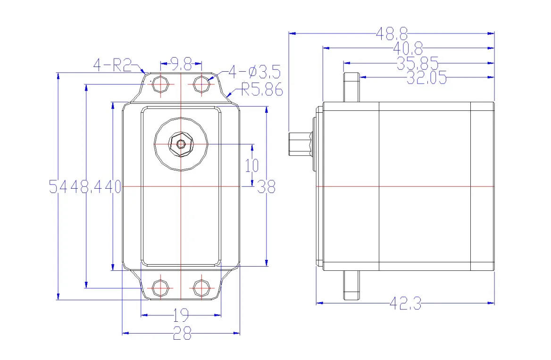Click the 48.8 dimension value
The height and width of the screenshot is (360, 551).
click(x=392, y=33)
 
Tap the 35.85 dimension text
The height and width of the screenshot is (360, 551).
click(x=417, y=63)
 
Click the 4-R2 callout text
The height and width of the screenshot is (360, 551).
click(x=112, y=65)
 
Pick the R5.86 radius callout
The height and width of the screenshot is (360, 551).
click(x=262, y=89)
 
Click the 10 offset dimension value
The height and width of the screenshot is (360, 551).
click(x=252, y=165)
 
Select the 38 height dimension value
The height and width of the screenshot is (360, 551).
click(x=267, y=187)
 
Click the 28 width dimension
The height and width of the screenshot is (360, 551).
click(x=182, y=334)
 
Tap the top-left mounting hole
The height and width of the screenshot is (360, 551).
click(x=161, y=84)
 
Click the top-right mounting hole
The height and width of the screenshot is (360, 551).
click(x=201, y=84)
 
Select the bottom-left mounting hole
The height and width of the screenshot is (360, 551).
click(x=161, y=287)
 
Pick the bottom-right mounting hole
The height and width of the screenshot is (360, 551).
click(x=201, y=287)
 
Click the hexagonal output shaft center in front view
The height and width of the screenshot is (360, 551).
click(x=181, y=144)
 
